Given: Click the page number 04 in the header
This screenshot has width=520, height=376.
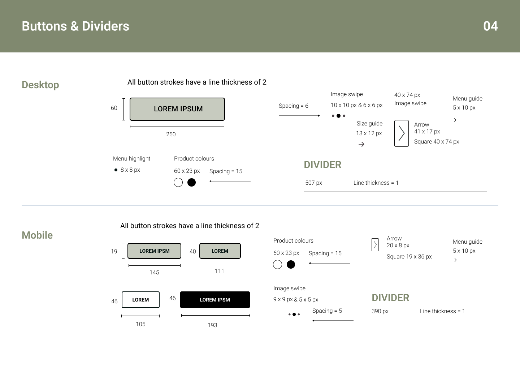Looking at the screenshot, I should [490, 26].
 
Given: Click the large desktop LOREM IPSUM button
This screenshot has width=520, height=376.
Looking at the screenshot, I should [177, 109].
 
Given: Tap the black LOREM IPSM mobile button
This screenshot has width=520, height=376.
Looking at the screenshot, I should [215, 300].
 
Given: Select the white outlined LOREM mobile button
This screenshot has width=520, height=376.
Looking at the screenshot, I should [140, 300].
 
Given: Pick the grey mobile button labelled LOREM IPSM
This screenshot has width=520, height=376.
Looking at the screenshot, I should [154, 251].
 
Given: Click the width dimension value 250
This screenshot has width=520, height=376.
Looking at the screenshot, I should [171, 134].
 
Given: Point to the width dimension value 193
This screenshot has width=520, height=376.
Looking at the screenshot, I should [212, 325].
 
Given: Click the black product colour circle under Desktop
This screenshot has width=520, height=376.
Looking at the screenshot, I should [192, 183].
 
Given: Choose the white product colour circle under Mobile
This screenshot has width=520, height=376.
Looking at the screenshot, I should [277, 265].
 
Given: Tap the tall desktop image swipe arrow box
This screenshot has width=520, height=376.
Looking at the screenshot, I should [401, 133].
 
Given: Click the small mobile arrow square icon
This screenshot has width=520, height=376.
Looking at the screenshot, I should [375, 245].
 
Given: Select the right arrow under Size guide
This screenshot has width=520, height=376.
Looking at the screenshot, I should [361, 144].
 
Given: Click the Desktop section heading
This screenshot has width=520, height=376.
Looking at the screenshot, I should [40, 85].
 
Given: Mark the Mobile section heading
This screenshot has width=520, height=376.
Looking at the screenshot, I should [37, 235].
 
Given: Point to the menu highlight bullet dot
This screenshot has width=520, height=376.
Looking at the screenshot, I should [116, 170].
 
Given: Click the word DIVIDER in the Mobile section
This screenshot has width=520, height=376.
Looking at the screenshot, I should [390, 298].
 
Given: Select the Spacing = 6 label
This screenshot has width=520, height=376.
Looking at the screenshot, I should [293, 106].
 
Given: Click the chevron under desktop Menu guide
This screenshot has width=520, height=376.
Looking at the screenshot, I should [455, 120].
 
